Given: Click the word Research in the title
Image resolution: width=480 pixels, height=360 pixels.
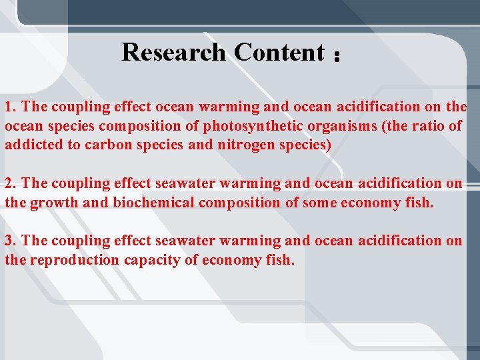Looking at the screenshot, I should [174, 52].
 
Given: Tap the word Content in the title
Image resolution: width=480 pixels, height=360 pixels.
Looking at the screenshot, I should [279, 52].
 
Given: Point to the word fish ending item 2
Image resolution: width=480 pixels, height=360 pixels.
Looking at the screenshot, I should [419, 202].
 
